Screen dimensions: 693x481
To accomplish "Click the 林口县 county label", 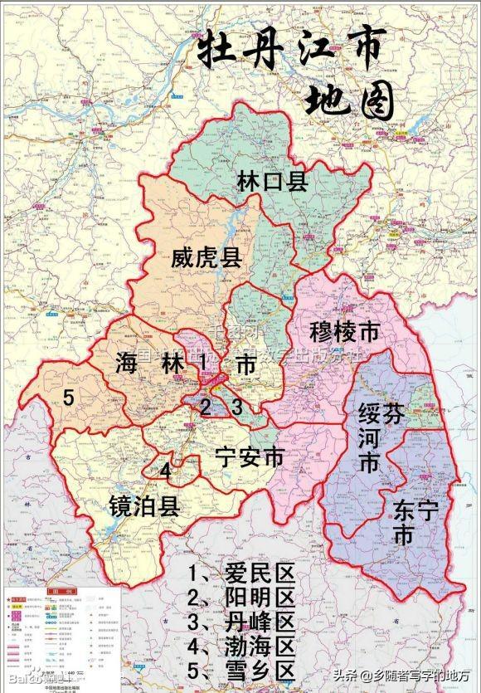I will pos(272,182).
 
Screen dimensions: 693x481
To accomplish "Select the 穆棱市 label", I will pos(343,332).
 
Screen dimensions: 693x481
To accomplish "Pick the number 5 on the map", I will pos(70,398).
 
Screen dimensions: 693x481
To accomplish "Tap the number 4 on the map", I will pos(166,471).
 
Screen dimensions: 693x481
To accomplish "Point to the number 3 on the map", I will pos(236,408).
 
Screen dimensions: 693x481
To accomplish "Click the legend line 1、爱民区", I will pos(241,574).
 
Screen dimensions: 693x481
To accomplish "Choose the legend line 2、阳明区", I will pos(241,598).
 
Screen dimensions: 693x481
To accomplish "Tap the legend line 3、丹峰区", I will pos(241,622).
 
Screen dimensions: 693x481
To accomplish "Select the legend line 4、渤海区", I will pos(241,647).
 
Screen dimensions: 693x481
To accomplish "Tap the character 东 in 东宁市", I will pos(403,505).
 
